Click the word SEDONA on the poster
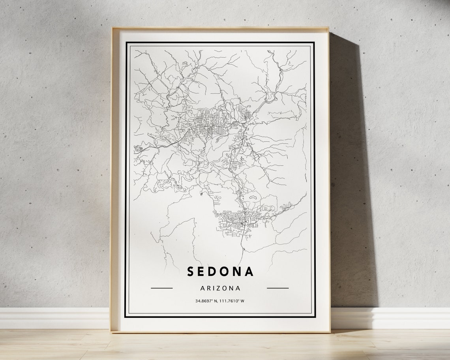click(220, 271)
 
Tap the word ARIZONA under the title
click(220, 288)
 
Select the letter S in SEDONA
click(190, 271)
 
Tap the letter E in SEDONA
click(202, 271)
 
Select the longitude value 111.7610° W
click(232, 301)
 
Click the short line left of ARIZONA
click(161, 288)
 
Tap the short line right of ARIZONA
click(277, 288)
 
